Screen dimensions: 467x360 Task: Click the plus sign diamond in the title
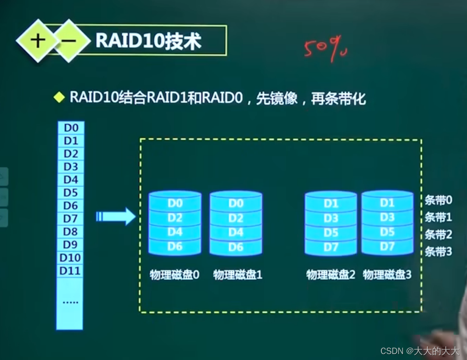[38, 41]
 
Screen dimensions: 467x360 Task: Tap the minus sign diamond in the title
[69, 41]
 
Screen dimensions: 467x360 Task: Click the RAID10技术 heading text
[148, 41]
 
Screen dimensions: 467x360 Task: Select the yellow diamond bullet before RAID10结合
[59, 97]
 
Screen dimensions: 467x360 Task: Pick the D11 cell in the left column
[70, 271]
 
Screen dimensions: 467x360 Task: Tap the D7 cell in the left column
[70, 218]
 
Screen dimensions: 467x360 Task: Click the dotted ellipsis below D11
[70, 302]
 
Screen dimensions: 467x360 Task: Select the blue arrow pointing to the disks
[116, 216]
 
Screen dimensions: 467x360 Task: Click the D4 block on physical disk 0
[175, 232]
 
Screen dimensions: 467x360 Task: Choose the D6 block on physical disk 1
[236, 247]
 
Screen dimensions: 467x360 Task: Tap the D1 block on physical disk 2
[331, 203]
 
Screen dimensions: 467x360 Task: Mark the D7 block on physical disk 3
[387, 246]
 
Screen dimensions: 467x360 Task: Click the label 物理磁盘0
[174, 275]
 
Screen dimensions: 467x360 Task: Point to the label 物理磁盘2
[331, 275]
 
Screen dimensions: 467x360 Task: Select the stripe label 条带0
[438, 200]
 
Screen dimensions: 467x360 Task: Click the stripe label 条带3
[438, 251]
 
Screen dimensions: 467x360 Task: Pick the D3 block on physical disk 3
[387, 217]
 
